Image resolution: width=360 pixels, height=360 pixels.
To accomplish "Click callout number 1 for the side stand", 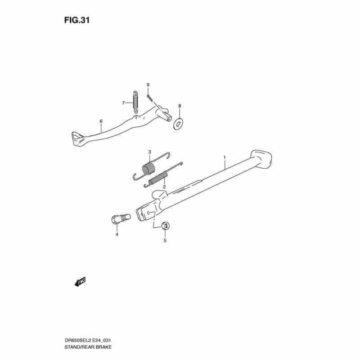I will [x=224, y=158].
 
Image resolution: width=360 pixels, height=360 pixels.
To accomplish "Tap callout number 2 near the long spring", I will [x=165, y=186].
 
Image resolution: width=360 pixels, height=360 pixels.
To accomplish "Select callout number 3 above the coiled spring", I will [x=150, y=152].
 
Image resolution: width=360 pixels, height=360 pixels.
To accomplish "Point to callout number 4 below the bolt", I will [x=116, y=234].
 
